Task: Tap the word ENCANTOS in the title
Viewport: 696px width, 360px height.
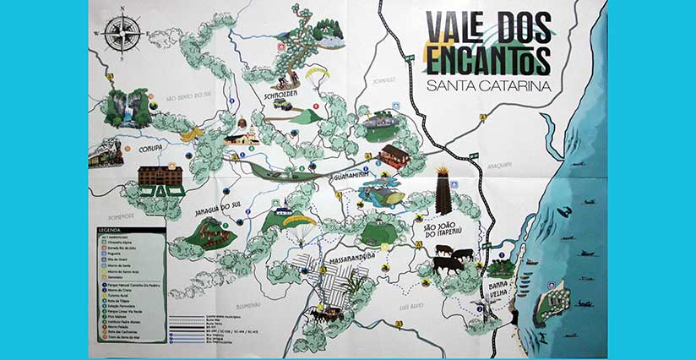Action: (489, 60)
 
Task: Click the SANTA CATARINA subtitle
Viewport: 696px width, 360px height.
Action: (489, 86)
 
